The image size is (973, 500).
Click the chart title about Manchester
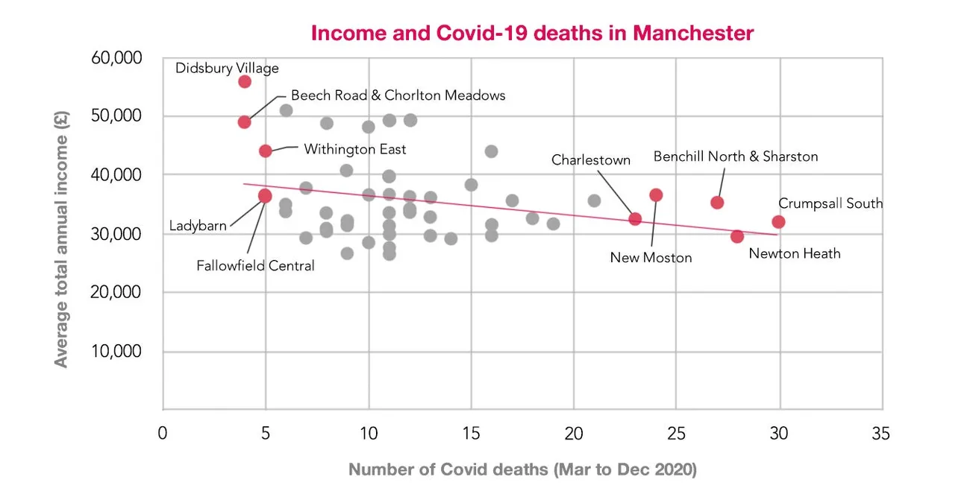coord(532,34)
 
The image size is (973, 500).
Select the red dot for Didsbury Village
coord(245,81)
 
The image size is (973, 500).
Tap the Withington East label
coord(354,149)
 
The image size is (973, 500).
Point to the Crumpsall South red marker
coord(778,221)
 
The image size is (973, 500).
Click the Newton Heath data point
coord(737,236)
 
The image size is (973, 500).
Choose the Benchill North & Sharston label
coord(736,156)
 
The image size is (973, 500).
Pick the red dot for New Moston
coord(656,195)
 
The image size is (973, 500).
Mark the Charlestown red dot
coord(635,218)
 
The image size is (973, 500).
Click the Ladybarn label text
coord(198,226)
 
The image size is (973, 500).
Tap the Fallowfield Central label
coord(255,265)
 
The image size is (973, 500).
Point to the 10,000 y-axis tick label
coord(116,351)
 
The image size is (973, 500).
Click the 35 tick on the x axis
coord(881,434)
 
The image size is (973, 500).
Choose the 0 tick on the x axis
coord(163,434)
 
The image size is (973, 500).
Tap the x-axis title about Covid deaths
coord(522,470)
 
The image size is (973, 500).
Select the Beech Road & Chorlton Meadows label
coord(398,95)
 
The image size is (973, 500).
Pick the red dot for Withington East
coord(266,151)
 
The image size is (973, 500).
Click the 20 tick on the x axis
coord(573,434)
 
